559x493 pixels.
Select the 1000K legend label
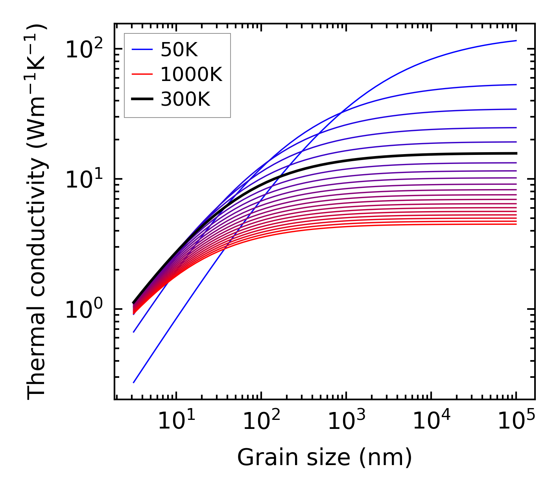pyautogui.click(x=191, y=74)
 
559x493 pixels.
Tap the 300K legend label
pyautogui.click(x=185, y=99)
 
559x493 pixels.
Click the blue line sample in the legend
pyautogui.click(x=142, y=50)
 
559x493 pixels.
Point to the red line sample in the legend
pyautogui.click(x=142, y=74)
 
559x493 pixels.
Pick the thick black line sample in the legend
pyautogui.click(x=142, y=99)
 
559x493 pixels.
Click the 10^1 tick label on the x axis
pyautogui.click(x=176, y=421)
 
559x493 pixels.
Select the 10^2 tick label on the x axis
pyautogui.click(x=261, y=421)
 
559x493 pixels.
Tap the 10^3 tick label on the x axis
pyautogui.click(x=346, y=421)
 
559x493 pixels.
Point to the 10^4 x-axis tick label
pyautogui.click(x=431, y=421)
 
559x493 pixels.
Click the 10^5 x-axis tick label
pyautogui.click(x=516, y=421)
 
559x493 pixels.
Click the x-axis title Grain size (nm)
pyautogui.click(x=325, y=458)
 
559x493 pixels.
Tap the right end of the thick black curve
pyautogui.click(x=516, y=153)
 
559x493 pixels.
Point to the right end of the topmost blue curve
pyautogui.click(x=516, y=40)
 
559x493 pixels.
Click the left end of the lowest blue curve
pyautogui.click(x=134, y=382)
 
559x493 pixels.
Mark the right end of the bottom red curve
pyautogui.click(x=516, y=224)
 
